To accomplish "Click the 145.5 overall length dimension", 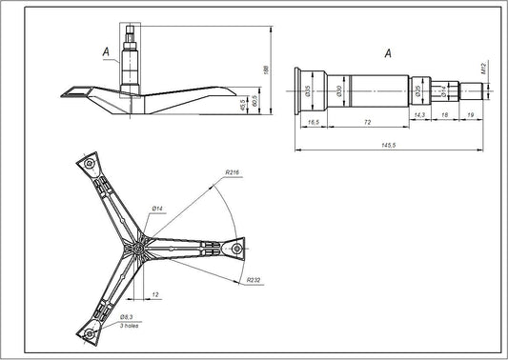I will pyautogui.click(x=388, y=145).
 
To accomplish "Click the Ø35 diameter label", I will pyautogui.click(x=307, y=91).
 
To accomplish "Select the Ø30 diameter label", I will pyautogui.click(x=340, y=91).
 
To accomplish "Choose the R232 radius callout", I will pyautogui.click(x=254, y=281).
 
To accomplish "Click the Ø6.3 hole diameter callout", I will pyautogui.click(x=126, y=314).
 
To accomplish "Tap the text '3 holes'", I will pyautogui.click(x=128, y=325).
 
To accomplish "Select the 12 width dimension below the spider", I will pyautogui.click(x=154, y=294).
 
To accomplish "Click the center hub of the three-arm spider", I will pyautogui.click(x=140, y=248).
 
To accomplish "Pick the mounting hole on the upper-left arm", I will pyautogui.click(x=88, y=164).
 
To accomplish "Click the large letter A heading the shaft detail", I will pyautogui.click(x=387, y=54).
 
